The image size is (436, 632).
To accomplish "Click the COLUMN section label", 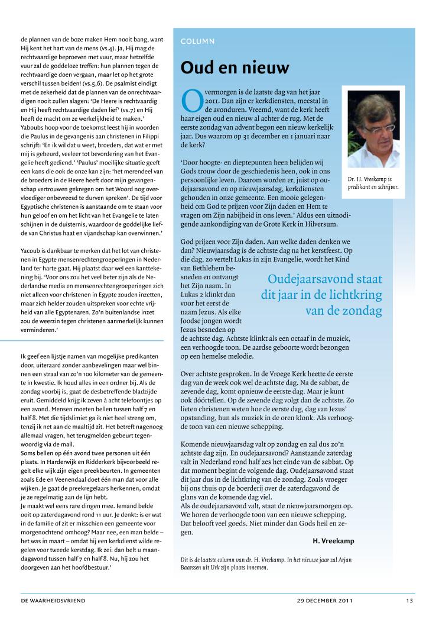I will pos(199,41).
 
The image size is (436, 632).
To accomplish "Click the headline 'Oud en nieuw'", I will pos(235,68).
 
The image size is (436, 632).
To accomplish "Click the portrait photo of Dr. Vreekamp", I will pos(373,129).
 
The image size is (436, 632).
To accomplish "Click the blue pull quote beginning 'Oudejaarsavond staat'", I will pos(321,295).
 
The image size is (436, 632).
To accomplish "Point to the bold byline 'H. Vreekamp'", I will pos(333,540).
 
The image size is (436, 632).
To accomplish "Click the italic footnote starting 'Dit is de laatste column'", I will pos(267,564).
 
